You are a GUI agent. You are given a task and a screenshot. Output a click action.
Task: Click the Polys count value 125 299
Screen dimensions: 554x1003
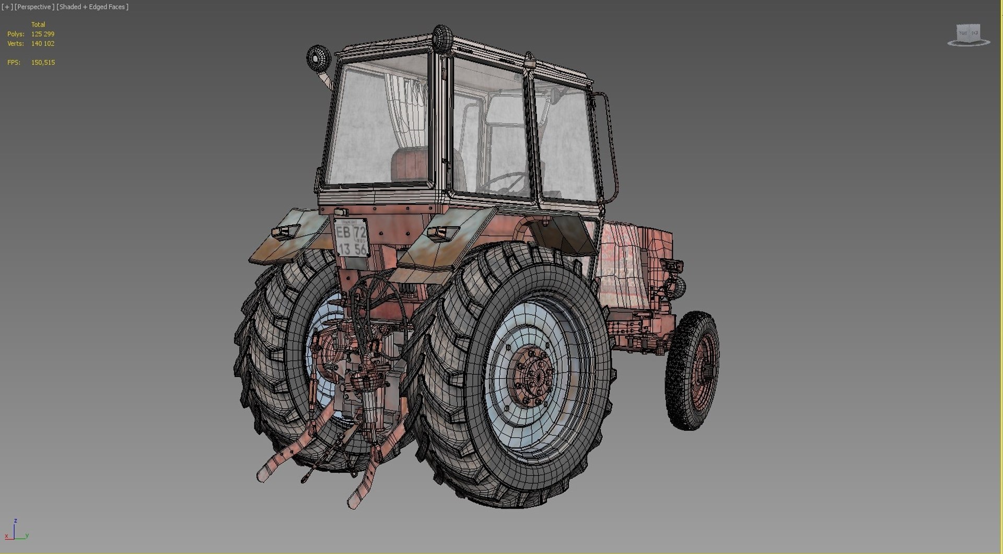(42, 34)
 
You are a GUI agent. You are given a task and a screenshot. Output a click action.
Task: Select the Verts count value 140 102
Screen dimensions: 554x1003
(42, 44)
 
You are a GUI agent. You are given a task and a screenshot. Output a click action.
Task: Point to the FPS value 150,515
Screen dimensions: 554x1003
(42, 63)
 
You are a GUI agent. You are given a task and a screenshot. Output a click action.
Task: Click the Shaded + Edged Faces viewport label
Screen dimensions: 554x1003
(92, 7)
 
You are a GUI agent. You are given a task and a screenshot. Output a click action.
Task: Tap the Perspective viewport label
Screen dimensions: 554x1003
(34, 7)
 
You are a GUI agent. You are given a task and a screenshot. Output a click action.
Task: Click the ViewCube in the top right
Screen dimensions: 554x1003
(968, 34)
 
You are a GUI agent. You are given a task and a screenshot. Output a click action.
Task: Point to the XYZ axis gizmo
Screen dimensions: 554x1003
(16, 531)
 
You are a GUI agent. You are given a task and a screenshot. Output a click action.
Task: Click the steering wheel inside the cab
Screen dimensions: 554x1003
(504, 183)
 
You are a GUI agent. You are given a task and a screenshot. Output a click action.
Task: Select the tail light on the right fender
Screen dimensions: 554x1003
(442, 232)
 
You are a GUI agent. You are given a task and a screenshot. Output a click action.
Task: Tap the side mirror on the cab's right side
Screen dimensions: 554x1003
(558, 94)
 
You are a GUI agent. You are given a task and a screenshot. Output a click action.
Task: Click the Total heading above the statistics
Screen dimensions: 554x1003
(38, 25)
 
